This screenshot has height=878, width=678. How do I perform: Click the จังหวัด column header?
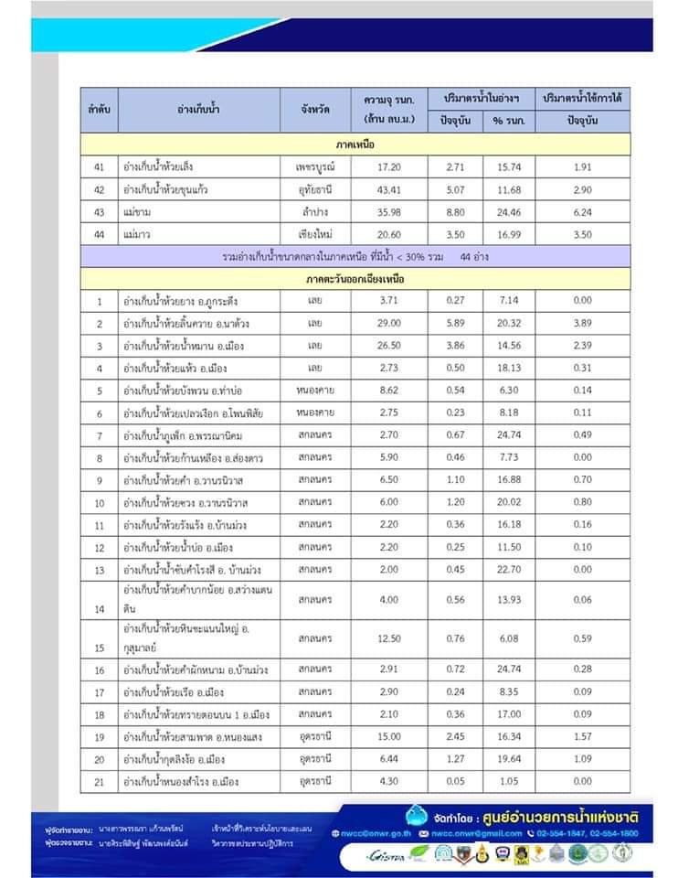(315, 109)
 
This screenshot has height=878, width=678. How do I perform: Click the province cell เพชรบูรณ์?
(315, 167)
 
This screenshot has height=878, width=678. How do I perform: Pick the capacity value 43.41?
(390, 190)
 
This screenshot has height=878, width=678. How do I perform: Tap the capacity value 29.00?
(390, 323)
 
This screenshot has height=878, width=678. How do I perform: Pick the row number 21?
(100, 782)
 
